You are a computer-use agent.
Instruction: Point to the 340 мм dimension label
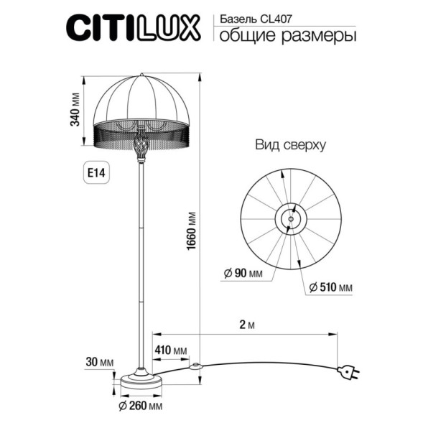pos(75,109)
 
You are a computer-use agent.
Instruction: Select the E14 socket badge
pos(95,173)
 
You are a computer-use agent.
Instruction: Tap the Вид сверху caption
pos(290,144)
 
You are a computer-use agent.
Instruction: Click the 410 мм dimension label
pos(171,350)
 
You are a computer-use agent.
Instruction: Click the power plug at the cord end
pos(350,372)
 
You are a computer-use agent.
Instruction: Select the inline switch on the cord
pos(192,366)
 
